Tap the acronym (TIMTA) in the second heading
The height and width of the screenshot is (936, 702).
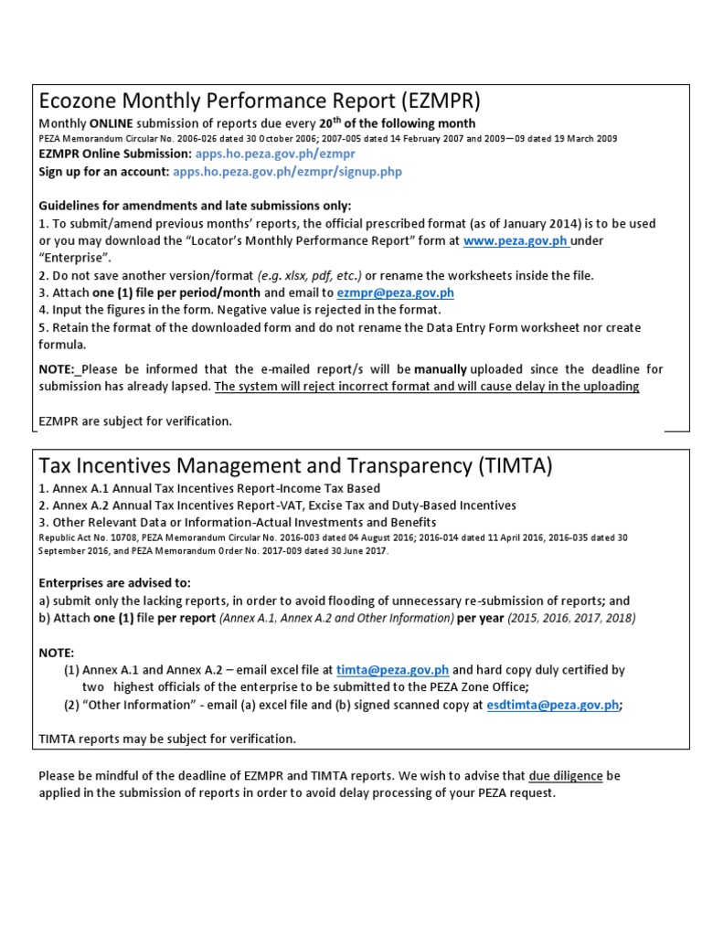pos(515,465)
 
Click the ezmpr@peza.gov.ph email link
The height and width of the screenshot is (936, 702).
pos(395,292)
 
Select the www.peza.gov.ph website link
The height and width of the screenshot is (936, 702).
pos(516,240)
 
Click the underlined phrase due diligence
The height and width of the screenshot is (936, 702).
pos(565,776)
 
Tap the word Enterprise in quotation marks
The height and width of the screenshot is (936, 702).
pos(74,258)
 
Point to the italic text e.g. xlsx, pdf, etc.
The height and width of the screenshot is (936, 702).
pos(310,275)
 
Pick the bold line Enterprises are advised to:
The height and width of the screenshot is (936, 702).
pos(115,583)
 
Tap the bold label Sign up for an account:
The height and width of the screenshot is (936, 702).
pos(103,171)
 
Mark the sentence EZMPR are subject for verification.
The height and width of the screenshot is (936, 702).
pos(135,421)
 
